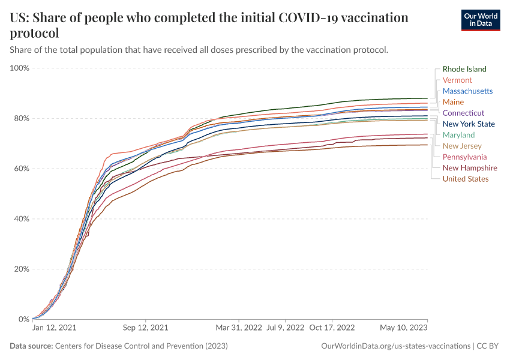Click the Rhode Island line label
tap(464, 69)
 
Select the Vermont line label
tap(457, 80)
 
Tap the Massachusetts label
tap(467, 91)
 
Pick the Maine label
tap(453, 102)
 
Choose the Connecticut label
tap(463, 113)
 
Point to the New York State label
tap(469, 124)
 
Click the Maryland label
tap(458, 135)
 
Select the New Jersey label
tap(462, 146)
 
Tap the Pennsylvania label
tap(465, 157)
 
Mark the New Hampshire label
tap(470, 168)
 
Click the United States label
tap(466, 179)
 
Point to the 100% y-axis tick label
tap(20, 68)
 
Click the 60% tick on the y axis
tap(22, 169)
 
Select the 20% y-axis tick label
tap(22, 269)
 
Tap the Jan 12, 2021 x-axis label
tap(54, 328)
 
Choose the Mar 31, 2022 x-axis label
tap(239, 328)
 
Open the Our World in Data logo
tap(481, 20)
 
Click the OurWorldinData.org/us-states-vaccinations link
tap(396, 346)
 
